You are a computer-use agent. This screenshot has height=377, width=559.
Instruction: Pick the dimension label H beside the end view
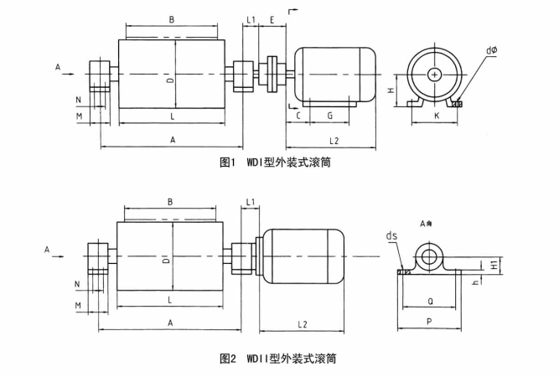point(390,88)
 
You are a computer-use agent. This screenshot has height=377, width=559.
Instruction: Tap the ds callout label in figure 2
point(392,235)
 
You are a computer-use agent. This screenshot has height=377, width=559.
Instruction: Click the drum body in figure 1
point(172,75)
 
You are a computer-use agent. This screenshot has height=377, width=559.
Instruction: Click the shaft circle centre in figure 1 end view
point(434,75)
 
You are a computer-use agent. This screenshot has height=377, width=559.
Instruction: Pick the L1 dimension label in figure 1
point(251,18)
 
